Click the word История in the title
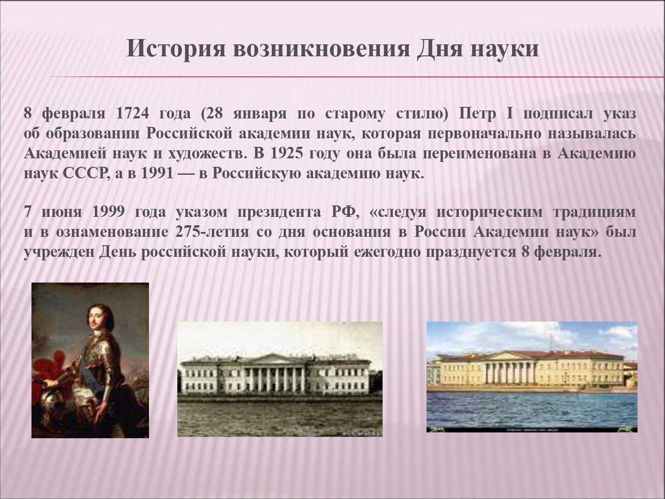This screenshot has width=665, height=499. click(176, 49)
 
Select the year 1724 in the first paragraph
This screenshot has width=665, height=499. click(133, 113)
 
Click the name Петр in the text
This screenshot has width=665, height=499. click(477, 114)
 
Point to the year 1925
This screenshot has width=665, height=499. click(286, 153)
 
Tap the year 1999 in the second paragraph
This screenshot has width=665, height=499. click(108, 212)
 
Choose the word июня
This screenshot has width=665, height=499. click(61, 212)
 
